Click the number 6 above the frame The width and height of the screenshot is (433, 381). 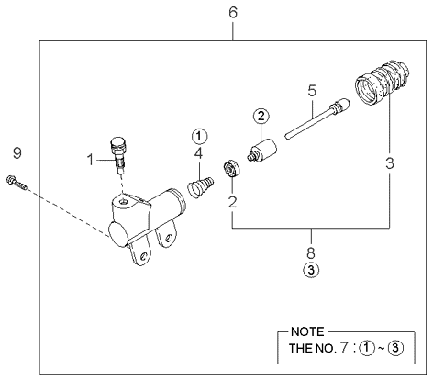(x=233, y=13)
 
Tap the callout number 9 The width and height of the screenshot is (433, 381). (x=17, y=153)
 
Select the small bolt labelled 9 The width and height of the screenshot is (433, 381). (x=17, y=183)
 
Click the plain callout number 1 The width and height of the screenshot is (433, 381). (x=91, y=160)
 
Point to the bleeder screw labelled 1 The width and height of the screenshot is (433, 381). (x=119, y=154)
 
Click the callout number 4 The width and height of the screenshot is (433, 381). (x=198, y=153)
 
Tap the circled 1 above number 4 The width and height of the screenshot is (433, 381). (x=199, y=136)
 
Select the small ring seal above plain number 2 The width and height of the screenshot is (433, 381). (x=231, y=168)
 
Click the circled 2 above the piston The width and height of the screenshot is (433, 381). (x=261, y=117)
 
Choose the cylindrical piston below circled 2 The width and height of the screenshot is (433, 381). (x=262, y=150)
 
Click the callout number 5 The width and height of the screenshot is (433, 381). (x=312, y=91)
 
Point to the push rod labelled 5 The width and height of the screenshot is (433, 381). (x=317, y=118)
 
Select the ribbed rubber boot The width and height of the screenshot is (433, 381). (x=382, y=83)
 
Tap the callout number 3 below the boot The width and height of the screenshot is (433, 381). (x=390, y=163)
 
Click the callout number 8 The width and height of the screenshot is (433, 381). (x=311, y=252)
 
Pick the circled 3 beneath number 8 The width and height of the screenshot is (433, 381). (x=311, y=270)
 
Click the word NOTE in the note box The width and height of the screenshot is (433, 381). (x=307, y=332)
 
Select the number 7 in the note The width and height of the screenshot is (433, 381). (x=344, y=348)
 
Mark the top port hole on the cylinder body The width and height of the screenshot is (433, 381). (x=124, y=202)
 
